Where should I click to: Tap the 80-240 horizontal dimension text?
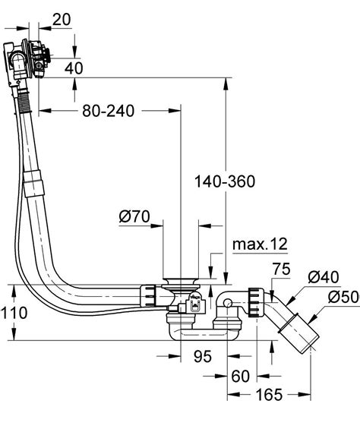109,111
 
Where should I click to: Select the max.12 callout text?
260,244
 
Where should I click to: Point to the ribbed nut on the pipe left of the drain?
150,294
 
